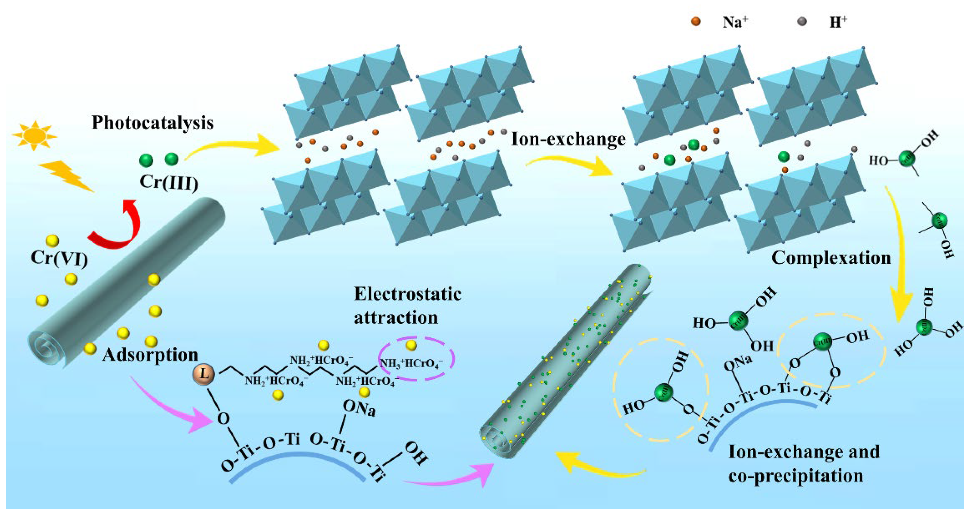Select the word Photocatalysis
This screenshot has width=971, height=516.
click(x=153, y=123)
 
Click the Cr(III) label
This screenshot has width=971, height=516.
click(x=168, y=182)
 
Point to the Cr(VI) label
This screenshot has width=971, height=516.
click(x=59, y=258)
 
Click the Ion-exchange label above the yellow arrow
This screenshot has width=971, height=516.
click(x=568, y=139)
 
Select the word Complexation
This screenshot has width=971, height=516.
click(x=831, y=258)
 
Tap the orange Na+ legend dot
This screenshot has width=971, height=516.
click(x=696, y=21)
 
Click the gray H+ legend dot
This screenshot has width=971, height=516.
click(x=803, y=21)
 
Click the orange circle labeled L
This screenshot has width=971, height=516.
click(x=204, y=374)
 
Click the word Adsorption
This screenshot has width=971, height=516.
click(x=150, y=355)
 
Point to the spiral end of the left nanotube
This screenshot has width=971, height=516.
click(x=47, y=347)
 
